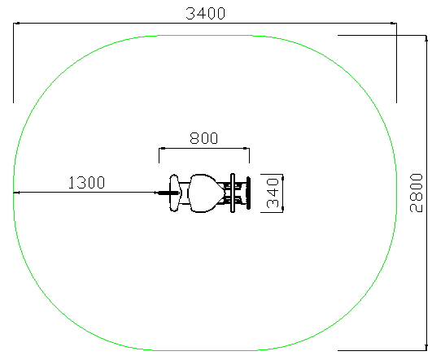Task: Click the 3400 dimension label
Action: (x=206, y=14)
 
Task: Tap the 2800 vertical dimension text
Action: (x=416, y=193)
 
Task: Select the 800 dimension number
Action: (x=204, y=138)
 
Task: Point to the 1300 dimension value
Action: (x=86, y=183)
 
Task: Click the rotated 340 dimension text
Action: (x=273, y=193)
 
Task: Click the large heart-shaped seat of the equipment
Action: (x=206, y=193)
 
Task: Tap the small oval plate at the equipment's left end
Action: (x=174, y=193)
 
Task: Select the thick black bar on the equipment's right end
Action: (x=248, y=193)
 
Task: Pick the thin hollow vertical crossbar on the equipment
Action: (x=233, y=193)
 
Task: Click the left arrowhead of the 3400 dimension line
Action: (x=16, y=23)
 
